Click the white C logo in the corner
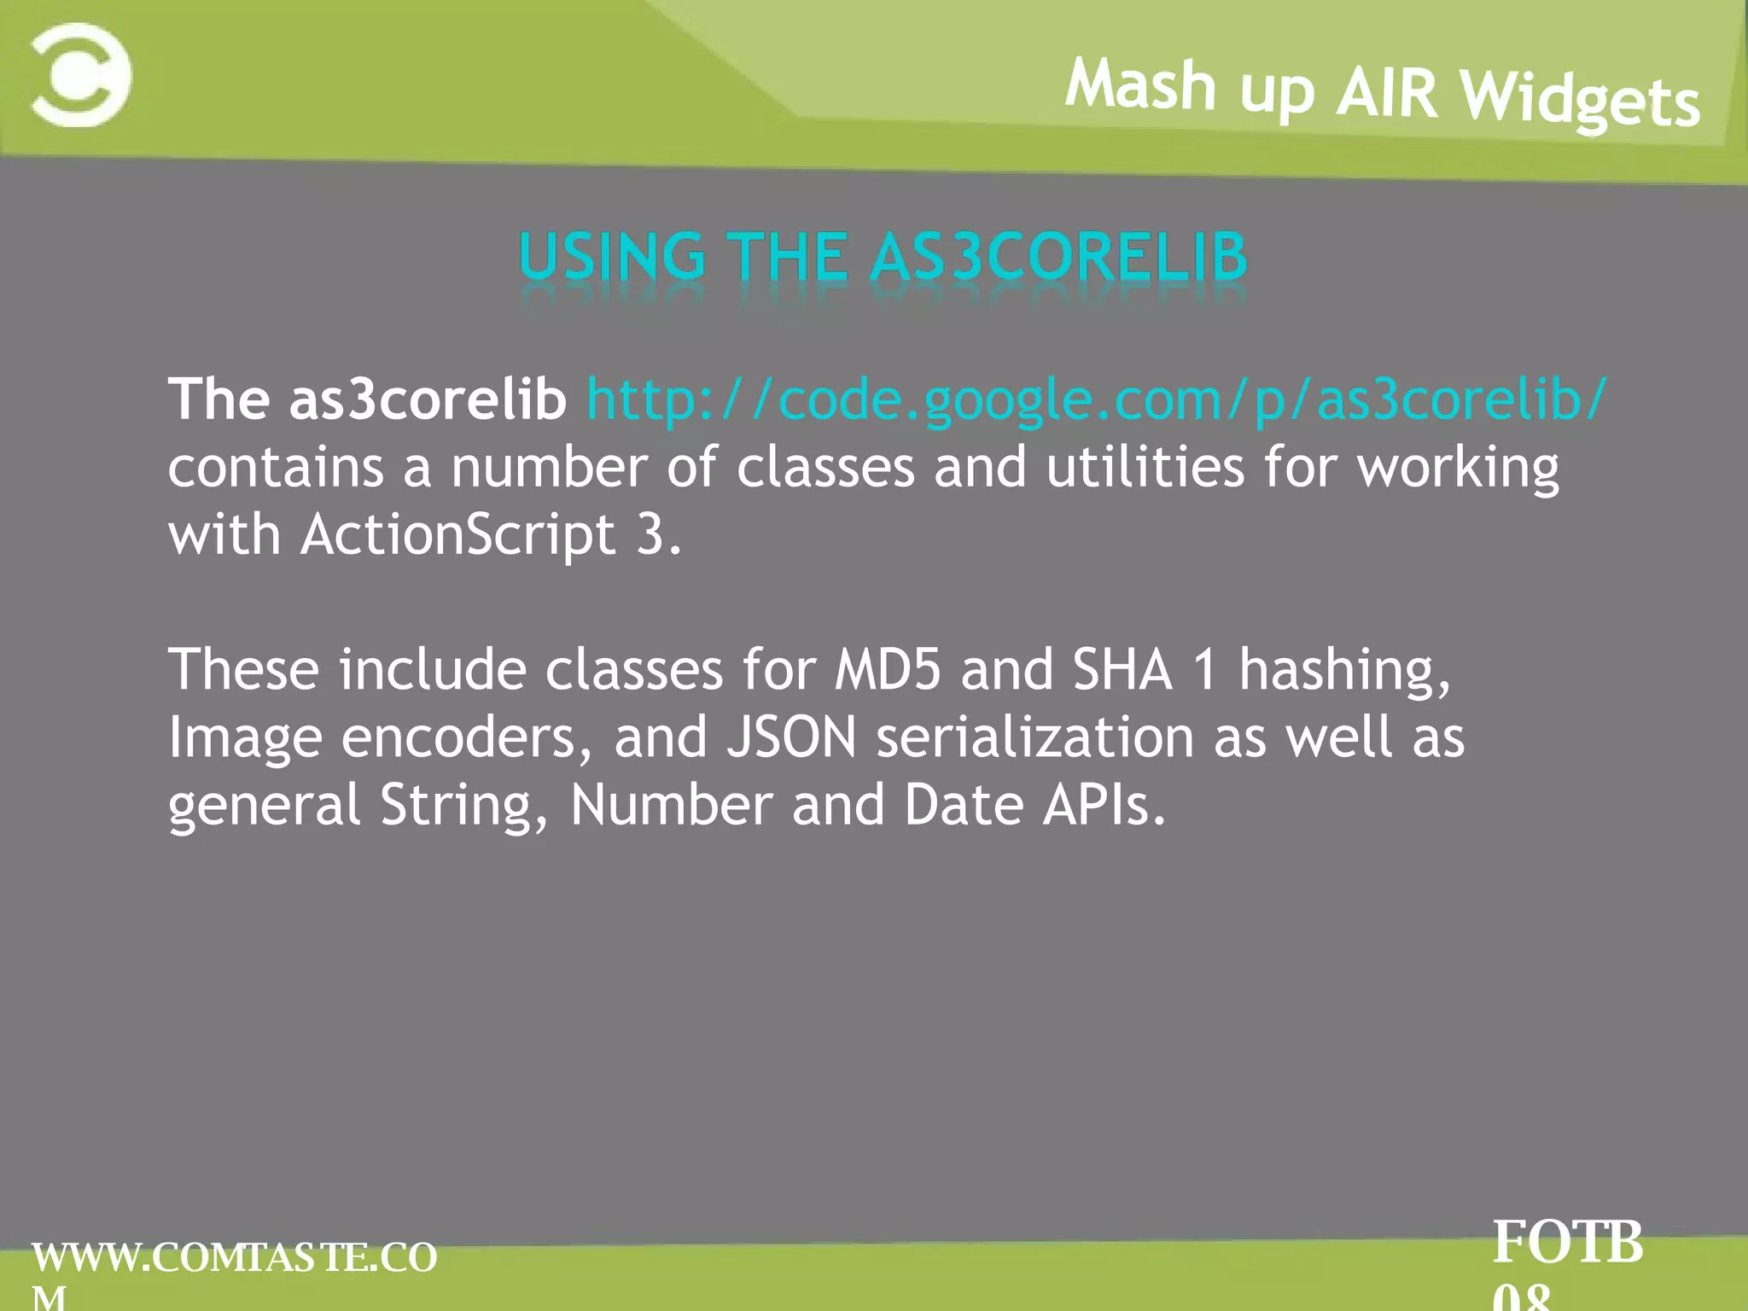[x=81, y=75]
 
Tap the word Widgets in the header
[x=1580, y=101]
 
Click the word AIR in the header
[x=1387, y=92]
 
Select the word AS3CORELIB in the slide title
[x=1059, y=257]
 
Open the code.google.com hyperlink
[x=1097, y=399]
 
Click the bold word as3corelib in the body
[x=428, y=399]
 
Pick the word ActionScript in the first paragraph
[x=457, y=535]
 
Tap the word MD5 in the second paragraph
[x=887, y=669]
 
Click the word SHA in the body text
[x=1122, y=669]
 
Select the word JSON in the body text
[x=791, y=737]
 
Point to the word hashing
[x=1344, y=671]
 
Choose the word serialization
[x=1034, y=737]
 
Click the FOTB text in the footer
[x=1567, y=1243]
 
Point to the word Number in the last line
[x=671, y=805]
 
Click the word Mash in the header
[x=1140, y=85]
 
